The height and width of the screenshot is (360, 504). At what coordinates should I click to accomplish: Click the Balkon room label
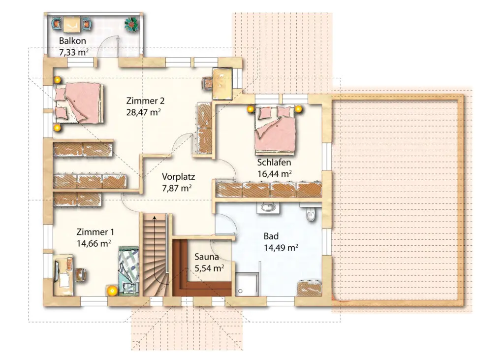pyautogui.click(x=72, y=41)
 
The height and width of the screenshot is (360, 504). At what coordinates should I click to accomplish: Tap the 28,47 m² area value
pyautogui.click(x=143, y=112)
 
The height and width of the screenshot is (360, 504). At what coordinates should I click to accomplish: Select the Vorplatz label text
pyautogui.click(x=178, y=177)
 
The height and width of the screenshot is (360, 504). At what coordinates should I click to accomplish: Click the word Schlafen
pyautogui.click(x=274, y=163)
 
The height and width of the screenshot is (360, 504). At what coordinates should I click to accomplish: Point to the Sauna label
pyautogui.click(x=207, y=257)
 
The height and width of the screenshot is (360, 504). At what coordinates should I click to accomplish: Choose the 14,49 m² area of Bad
pyautogui.click(x=281, y=248)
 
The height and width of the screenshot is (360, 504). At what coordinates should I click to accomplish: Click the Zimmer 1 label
pyautogui.click(x=95, y=232)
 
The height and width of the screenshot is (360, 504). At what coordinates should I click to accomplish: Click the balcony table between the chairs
pyautogui.click(x=72, y=25)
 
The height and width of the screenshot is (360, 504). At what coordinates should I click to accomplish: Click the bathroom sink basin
pyautogui.click(x=267, y=207)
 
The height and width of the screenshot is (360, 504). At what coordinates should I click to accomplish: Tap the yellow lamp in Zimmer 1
pyautogui.click(x=112, y=291)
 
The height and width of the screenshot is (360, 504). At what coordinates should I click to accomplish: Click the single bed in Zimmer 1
pyautogui.click(x=128, y=271)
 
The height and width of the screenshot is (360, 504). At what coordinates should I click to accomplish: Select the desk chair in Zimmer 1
pyautogui.click(x=80, y=275)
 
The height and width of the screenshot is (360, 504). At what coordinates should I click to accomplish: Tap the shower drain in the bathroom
pyautogui.click(x=240, y=291)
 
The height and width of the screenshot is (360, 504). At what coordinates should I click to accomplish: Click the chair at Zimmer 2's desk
pyautogui.click(x=207, y=83)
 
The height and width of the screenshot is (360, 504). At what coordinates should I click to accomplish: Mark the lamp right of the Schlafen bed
pyautogui.click(x=298, y=109)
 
